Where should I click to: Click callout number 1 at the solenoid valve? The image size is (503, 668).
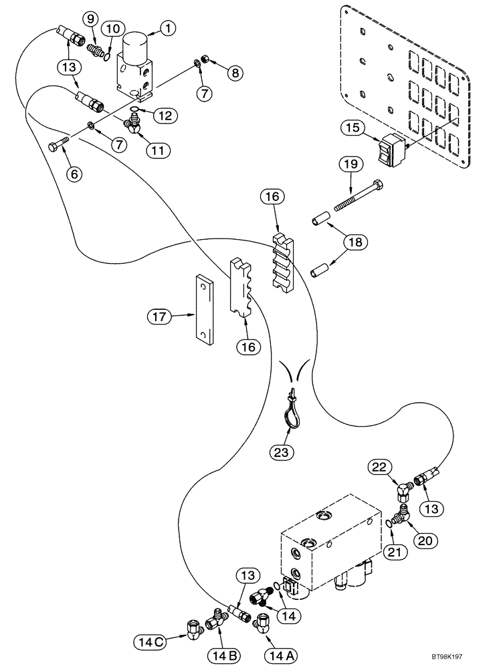pyautogui.click(x=167, y=28)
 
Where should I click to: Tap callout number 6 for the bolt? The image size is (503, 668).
pyautogui.click(x=74, y=174)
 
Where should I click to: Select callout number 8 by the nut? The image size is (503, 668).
pyautogui.click(x=234, y=73)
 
